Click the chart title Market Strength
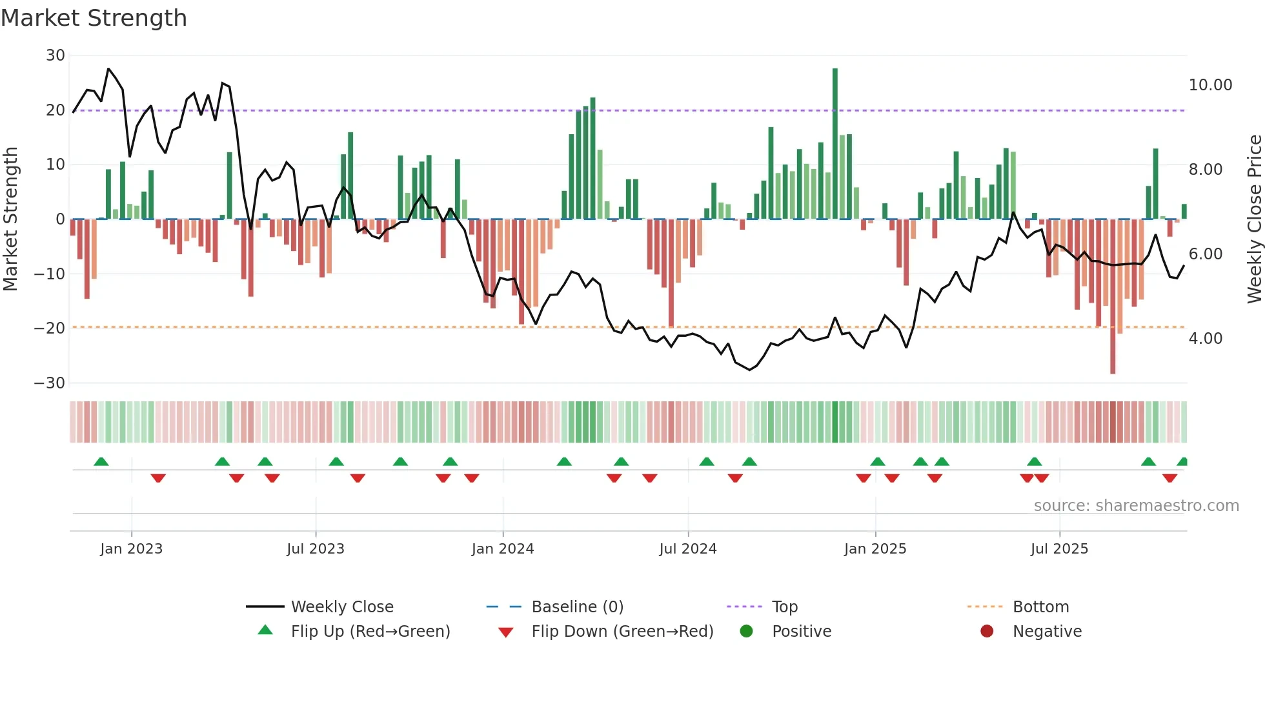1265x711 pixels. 94,18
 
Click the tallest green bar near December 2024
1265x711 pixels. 835,143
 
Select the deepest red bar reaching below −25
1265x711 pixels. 1113,297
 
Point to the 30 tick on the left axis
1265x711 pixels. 56,55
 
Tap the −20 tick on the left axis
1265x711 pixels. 50,328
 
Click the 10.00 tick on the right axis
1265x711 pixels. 1210,85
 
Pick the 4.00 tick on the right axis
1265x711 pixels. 1205,339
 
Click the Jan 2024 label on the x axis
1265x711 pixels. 503,549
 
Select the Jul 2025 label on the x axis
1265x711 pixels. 1059,549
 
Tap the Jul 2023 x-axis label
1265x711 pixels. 316,549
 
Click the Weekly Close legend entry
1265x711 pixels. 341,607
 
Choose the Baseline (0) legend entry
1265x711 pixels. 577,607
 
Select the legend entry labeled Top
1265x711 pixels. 784,607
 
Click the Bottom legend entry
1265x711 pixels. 1040,607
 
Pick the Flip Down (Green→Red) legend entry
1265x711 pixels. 622,632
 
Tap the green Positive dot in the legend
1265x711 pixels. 747,632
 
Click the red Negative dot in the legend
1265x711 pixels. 987,632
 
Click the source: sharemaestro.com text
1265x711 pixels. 1136,506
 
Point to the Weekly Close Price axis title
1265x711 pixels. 1254,219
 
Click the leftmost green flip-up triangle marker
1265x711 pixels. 101,461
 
